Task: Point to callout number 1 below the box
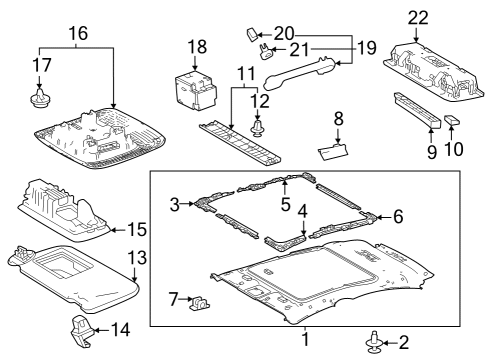305,339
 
